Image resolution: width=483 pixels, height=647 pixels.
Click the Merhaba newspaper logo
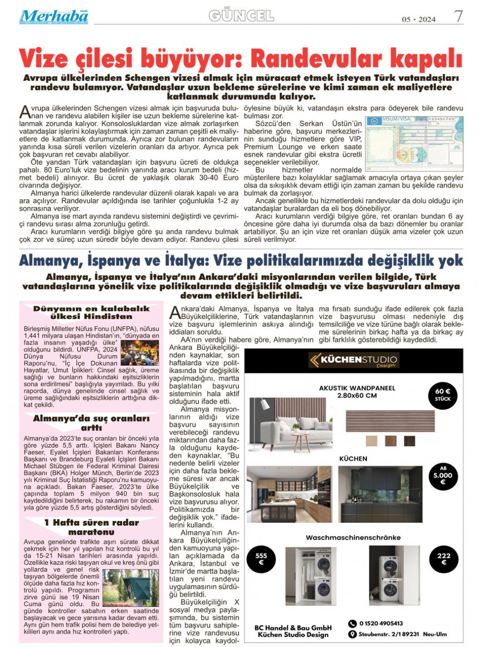click(54, 17)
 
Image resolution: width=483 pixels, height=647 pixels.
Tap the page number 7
click(458, 16)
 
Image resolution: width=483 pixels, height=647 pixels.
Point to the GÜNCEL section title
click(241, 16)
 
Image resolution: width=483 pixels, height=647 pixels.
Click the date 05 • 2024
click(418, 19)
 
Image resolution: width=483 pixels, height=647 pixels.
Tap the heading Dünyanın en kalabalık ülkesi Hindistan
click(91, 313)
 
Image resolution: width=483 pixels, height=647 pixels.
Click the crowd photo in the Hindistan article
click(140, 353)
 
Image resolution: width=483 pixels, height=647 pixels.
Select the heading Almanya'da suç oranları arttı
click(91, 423)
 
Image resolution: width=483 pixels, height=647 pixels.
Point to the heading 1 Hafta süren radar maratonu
click(91, 527)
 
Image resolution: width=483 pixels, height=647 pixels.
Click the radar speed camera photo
click(131, 588)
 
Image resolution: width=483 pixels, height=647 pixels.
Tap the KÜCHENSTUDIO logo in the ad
click(353, 360)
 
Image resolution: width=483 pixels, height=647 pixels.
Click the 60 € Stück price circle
click(443, 395)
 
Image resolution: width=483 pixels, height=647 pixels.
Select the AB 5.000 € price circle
click(443, 475)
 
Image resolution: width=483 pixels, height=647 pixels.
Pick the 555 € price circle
click(261, 559)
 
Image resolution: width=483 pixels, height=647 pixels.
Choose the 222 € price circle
click(444, 559)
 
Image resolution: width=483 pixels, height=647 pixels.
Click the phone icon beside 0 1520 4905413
click(352, 624)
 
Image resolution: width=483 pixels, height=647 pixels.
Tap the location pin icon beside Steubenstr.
click(352, 634)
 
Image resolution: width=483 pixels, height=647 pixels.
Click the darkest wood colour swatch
click(409, 441)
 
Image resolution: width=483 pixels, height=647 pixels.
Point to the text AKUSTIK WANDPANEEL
click(357, 388)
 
